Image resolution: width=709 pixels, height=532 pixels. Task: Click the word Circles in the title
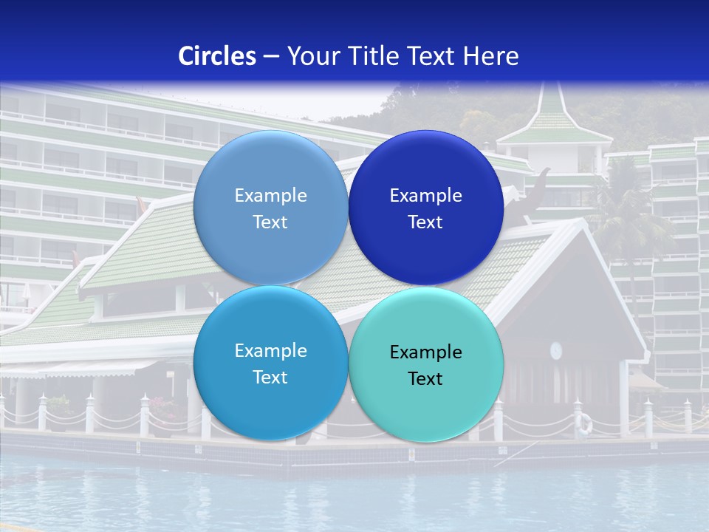coord(216,56)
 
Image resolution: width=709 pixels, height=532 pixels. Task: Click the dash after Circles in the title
coord(271,57)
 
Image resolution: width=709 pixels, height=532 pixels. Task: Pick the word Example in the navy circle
coord(425,196)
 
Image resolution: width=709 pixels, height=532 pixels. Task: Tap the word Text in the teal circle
coord(425,379)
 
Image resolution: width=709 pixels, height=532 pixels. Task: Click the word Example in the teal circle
coord(425,352)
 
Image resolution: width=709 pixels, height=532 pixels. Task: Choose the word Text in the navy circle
coord(425,222)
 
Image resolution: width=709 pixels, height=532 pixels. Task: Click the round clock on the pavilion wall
coord(556,349)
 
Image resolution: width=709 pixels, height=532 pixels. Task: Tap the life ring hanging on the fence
coord(584,423)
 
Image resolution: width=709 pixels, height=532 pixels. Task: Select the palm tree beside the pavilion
coord(628,214)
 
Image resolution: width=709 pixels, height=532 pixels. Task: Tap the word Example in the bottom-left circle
coord(270,351)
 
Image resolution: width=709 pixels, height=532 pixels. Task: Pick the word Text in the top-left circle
coord(270,222)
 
